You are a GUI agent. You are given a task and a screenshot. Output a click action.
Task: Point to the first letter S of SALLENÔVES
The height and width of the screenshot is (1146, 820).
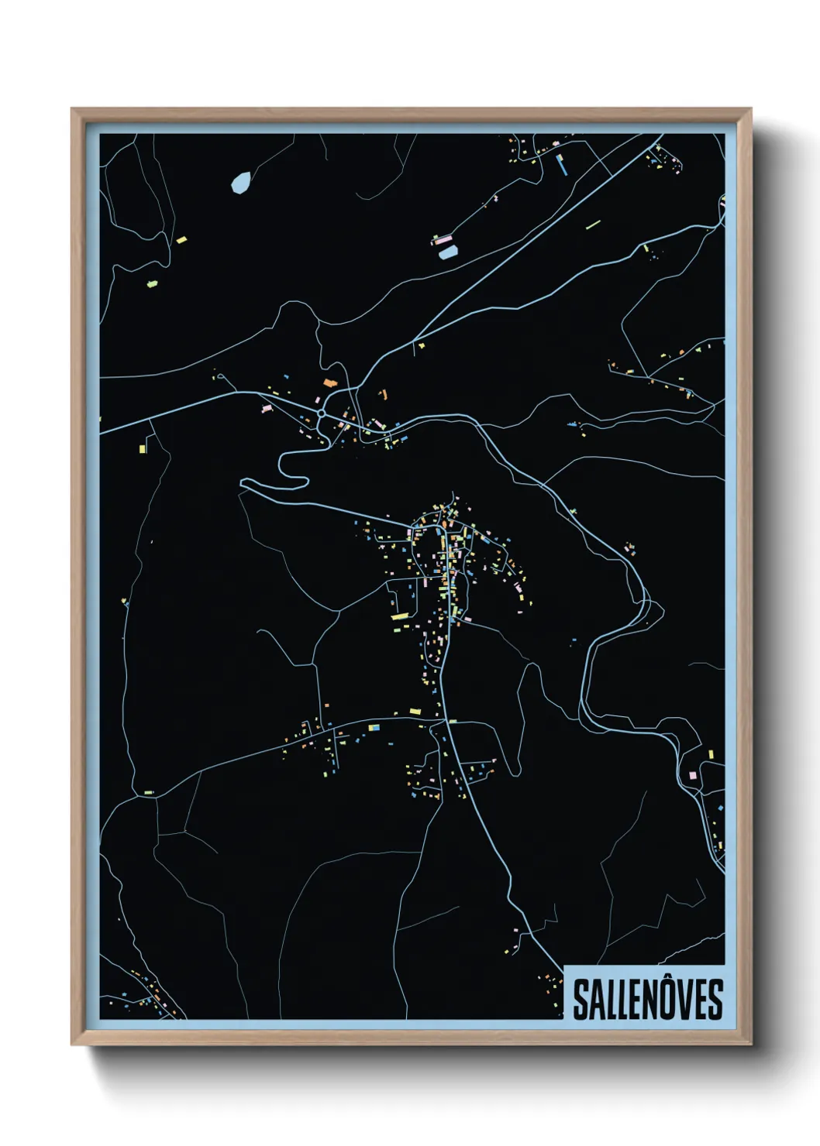581,1000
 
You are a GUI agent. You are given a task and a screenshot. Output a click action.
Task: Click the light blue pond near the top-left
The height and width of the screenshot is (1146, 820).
240,183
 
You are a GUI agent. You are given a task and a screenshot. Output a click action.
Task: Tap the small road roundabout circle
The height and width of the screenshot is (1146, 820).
321,413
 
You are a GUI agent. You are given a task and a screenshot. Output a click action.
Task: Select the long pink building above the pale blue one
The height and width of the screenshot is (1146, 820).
443,240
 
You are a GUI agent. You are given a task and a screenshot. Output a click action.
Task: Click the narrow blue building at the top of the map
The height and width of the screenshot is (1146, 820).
562,164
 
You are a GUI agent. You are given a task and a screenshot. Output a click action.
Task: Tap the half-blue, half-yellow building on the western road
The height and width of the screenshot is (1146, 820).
374,727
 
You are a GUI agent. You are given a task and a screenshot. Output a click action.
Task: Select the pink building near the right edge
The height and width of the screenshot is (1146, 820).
692,774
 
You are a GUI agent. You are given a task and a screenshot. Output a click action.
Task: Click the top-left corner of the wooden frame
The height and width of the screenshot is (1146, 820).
73,110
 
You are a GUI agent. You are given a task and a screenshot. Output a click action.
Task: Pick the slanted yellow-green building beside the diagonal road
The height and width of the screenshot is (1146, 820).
594,225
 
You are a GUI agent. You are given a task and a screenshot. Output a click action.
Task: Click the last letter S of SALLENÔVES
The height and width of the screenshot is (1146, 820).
714,1000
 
